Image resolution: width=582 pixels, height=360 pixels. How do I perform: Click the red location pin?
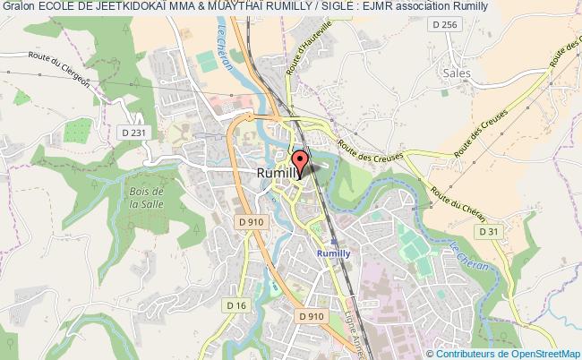299,163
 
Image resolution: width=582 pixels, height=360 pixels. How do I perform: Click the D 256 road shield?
448,24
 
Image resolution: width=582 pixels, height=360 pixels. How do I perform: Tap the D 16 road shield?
236,306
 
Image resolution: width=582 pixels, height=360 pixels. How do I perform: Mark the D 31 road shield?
487,231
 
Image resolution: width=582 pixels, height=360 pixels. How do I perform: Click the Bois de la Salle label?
144,198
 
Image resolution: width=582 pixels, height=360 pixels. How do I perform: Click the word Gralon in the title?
18,6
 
